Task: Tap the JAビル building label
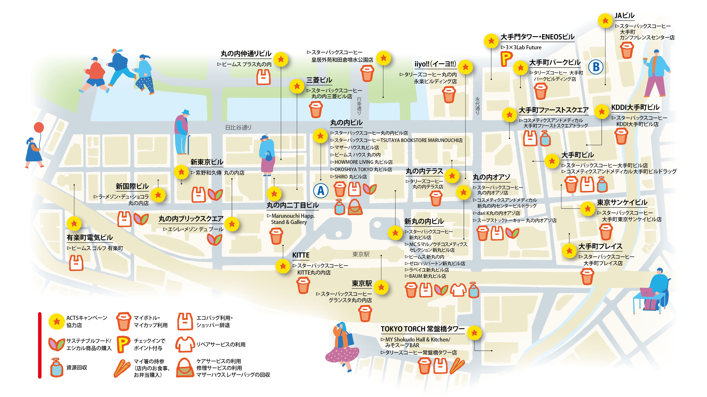tap(624, 16)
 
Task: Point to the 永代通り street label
tap(477, 106)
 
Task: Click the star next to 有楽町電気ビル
tap(74, 224)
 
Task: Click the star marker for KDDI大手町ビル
tap(602, 111)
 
